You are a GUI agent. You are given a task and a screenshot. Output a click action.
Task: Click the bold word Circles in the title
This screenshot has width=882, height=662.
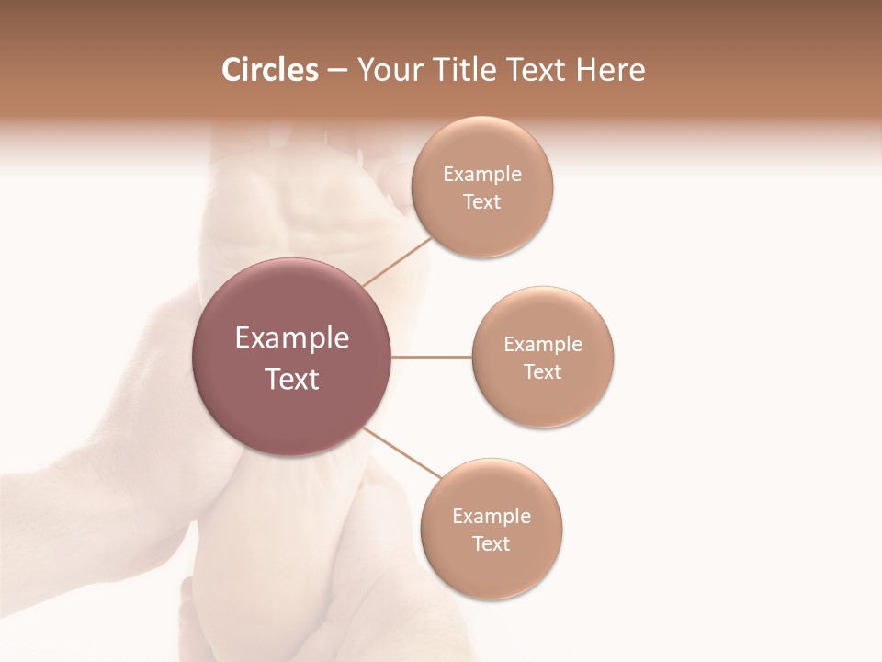coord(269,70)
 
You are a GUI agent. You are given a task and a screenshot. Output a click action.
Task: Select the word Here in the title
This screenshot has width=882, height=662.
coord(610,70)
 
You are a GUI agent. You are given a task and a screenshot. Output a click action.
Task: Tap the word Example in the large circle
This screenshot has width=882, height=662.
coord(292,338)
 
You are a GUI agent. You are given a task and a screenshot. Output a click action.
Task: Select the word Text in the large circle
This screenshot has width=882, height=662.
coord(292,379)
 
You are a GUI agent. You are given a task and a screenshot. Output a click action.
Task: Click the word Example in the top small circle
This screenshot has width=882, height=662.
coord(481,175)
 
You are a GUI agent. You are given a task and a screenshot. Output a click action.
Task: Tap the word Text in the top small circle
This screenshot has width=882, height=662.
coord(481,202)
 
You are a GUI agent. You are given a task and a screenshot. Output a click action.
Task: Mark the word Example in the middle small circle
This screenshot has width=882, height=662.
coord(542,345)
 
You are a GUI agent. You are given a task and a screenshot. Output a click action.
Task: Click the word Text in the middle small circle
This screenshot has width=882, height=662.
coord(542,372)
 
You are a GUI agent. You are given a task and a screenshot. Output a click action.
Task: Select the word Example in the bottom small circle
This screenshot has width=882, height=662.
coord(492,517)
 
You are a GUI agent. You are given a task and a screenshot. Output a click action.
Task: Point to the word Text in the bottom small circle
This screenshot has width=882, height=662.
coord(492,544)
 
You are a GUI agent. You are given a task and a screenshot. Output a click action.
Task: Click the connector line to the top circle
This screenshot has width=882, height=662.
coord(397,262)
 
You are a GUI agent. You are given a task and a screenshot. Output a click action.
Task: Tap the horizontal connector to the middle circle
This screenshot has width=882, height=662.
coord(432,357)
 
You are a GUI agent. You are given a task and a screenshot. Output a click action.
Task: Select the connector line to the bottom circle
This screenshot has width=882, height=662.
coord(402,452)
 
